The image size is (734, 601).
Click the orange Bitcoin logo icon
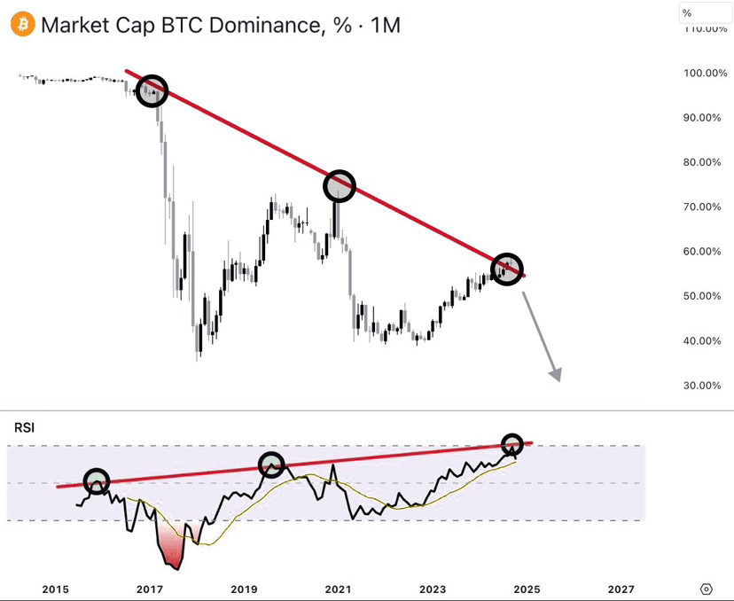(x=24, y=25)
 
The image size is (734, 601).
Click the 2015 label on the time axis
(x=55, y=589)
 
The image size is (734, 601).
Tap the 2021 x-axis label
(x=338, y=589)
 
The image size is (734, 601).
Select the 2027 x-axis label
(x=621, y=589)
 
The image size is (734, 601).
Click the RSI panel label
(x=24, y=428)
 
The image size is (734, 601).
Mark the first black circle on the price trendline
(x=152, y=90)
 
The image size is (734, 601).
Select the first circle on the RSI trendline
(x=96, y=481)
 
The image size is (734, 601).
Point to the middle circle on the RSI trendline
(x=271, y=464)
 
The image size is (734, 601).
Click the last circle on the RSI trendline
(x=512, y=443)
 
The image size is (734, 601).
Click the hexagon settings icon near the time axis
(x=706, y=589)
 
